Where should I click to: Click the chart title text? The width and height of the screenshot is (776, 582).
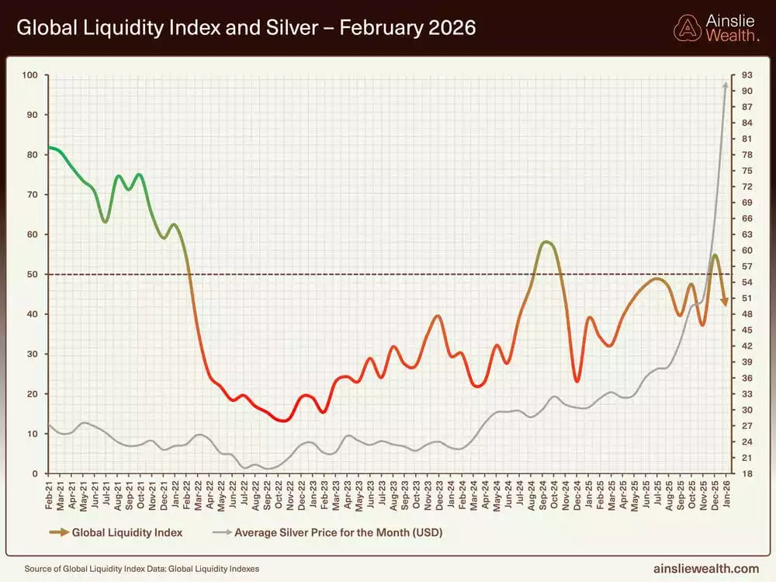point(246,29)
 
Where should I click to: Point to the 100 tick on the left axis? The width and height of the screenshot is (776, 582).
point(31,75)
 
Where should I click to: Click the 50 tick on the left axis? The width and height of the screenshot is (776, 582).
point(33,274)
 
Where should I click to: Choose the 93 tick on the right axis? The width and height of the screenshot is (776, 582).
point(747,75)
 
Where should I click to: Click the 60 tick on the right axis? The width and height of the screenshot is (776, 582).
point(747,251)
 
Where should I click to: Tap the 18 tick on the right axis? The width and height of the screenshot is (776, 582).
point(747,473)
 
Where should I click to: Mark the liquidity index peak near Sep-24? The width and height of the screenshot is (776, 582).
point(547,242)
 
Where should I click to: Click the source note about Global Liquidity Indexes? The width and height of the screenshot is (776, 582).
point(142,569)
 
